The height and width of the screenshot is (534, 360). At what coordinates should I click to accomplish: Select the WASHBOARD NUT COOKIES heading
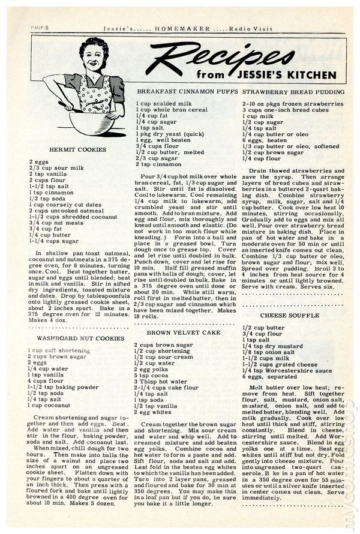coord(77,338)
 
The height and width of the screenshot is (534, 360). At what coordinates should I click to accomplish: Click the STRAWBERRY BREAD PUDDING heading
coord(294,91)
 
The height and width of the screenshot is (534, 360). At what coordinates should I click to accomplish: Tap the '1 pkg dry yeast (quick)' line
coord(170,134)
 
